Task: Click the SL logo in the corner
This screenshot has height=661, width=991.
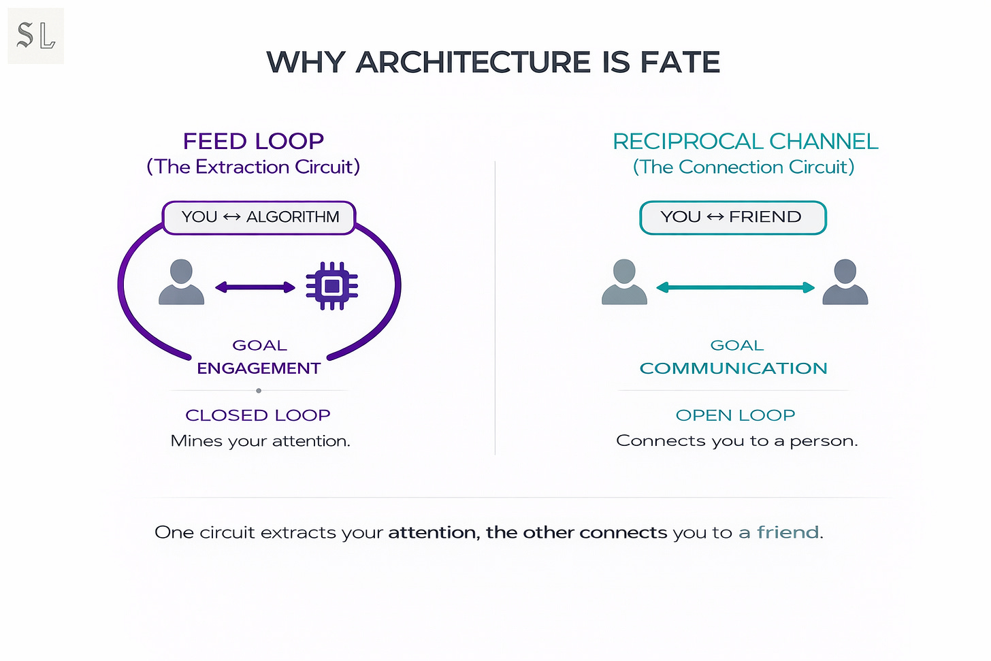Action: coord(35,35)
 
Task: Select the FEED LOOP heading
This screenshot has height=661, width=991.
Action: coord(253,142)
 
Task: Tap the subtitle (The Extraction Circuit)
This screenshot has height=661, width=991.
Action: coord(253,167)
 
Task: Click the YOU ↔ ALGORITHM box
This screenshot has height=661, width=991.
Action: coord(259,218)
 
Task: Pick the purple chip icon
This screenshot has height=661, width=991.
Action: coord(331,287)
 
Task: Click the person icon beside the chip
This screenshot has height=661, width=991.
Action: coord(181,282)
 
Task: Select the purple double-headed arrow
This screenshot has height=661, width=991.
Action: coord(255,287)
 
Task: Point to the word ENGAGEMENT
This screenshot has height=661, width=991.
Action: coord(259,368)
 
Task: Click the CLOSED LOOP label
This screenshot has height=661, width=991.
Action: coord(258,415)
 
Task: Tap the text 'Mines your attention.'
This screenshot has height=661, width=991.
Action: coord(260,441)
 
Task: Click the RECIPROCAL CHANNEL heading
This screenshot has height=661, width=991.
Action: coord(745,142)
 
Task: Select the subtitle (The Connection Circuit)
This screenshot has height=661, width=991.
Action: coord(743,167)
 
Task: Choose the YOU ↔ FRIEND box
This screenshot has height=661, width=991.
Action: coord(732,218)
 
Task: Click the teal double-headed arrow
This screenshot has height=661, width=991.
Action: coord(735,287)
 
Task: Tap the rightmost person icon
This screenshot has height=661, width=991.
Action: coord(845,282)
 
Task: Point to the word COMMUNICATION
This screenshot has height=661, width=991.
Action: coord(733,368)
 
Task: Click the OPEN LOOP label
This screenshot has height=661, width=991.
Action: coord(735,415)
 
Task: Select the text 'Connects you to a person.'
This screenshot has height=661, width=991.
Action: coord(736,441)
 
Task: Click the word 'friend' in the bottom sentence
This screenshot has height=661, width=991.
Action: coord(787,532)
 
